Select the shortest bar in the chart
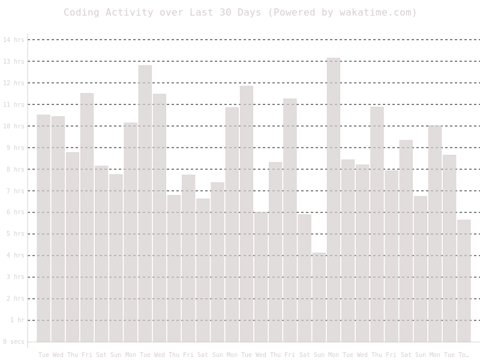[x=319, y=297]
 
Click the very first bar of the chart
[x=44, y=228]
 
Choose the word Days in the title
[x=252, y=12]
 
